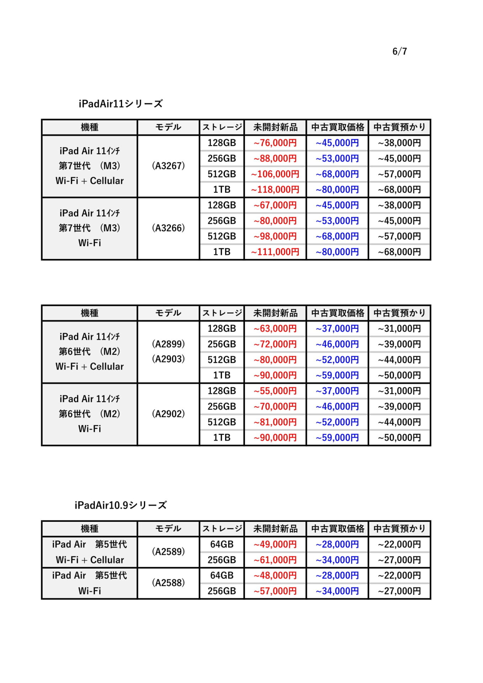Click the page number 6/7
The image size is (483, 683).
[x=399, y=52]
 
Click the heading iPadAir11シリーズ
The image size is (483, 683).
[x=121, y=104]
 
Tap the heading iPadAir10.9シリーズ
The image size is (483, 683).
[x=121, y=505]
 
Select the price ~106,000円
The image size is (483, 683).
[x=275, y=174]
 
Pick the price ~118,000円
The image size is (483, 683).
[x=275, y=190]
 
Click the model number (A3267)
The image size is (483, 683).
[x=168, y=166]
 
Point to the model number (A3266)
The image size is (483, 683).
[x=168, y=228]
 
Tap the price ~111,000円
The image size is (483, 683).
[x=275, y=252]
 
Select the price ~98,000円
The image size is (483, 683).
[x=275, y=237]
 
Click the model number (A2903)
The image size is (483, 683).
[x=168, y=359]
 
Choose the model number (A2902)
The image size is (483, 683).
[x=168, y=414]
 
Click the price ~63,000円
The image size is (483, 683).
[x=275, y=329]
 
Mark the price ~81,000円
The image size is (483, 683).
[x=275, y=422]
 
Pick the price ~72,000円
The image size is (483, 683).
[x=275, y=344]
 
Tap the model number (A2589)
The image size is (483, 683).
[x=168, y=552]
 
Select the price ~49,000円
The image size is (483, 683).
[x=275, y=544]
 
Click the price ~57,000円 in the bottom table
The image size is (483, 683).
[x=275, y=591]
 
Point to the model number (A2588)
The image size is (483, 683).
[x=168, y=583]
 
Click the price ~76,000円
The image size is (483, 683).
[x=275, y=143]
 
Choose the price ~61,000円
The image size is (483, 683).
[x=275, y=560]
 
